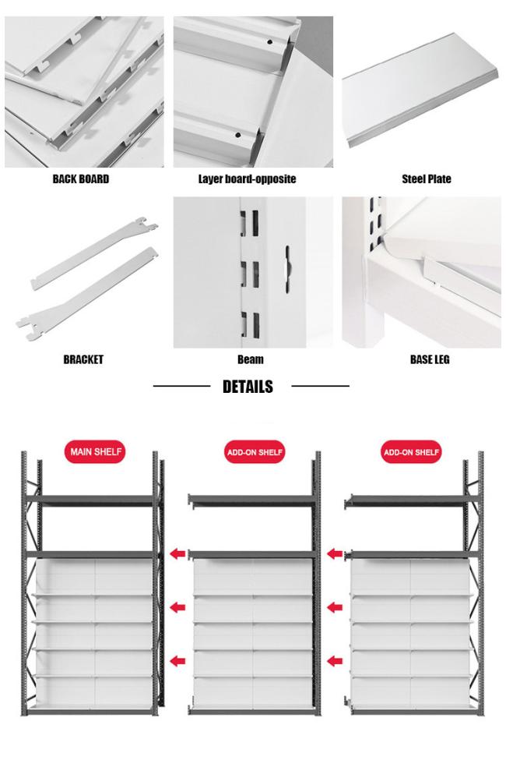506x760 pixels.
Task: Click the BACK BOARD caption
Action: pyautogui.click(x=81, y=179)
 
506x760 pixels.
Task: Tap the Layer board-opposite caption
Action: pyautogui.click(x=247, y=179)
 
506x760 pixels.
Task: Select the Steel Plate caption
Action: pyautogui.click(x=426, y=179)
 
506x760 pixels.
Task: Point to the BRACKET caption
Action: pyautogui.click(x=83, y=359)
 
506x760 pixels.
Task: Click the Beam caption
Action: pyautogui.click(x=251, y=359)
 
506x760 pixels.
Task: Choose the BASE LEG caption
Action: pyautogui.click(x=430, y=359)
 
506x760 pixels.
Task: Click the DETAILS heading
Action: pyautogui.click(x=248, y=387)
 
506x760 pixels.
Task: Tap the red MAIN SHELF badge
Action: pyautogui.click(x=95, y=452)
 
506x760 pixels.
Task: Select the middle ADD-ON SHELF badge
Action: pyautogui.click(x=254, y=452)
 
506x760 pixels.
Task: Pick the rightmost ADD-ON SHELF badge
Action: pyautogui.click(x=411, y=452)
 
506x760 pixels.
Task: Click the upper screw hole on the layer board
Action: pyautogui.click(x=269, y=42)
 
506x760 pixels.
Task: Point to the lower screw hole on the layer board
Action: pyautogui.click(x=237, y=135)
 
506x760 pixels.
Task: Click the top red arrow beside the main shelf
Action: pyautogui.click(x=178, y=553)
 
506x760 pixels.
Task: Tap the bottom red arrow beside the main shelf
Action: pyautogui.click(x=178, y=659)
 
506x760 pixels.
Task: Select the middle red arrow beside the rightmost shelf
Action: pyautogui.click(x=335, y=606)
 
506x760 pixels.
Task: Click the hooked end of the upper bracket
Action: pyautogui.click(x=148, y=224)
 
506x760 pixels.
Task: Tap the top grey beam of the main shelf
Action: pyautogui.click(x=90, y=500)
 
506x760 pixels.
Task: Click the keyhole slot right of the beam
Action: pyautogui.click(x=287, y=269)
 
